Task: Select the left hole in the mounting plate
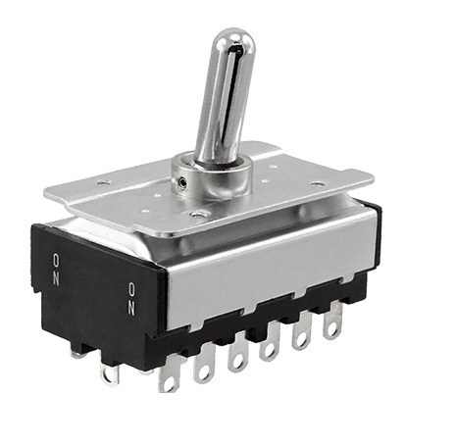tap(104, 183)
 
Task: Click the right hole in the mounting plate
tap(317, 183)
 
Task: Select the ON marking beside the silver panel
tap(131, 297)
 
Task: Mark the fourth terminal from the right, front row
tap(236, 357)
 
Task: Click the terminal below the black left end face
tap(109, 373)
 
